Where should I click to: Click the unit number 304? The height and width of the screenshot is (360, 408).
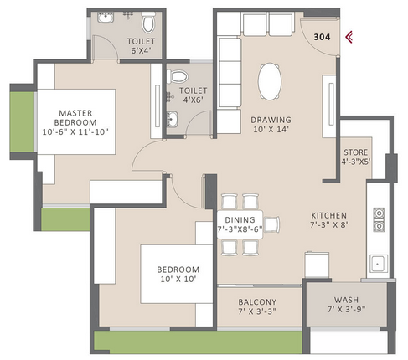point(322,37)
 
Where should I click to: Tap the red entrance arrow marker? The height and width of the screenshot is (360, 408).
point(349,37)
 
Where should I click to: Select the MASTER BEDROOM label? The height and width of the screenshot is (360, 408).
point(75,117)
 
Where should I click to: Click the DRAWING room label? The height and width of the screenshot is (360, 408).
point(271,120)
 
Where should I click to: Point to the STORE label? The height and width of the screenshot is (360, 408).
point(356,152)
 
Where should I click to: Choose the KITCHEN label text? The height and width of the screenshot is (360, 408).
point(329,215)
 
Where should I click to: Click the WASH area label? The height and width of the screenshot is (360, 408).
point(346,300)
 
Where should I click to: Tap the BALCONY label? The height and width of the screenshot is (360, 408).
point(257,301)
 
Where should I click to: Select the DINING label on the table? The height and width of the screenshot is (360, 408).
point(240,219)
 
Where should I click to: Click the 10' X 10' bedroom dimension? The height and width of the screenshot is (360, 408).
point(178,279)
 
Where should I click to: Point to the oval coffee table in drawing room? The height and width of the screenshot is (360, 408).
point(270,81)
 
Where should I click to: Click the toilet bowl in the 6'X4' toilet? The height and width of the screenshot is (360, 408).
point(148,22)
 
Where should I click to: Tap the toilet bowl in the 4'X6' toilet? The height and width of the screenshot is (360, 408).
point(177,76)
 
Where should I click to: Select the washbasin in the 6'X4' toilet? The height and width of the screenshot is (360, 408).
point(106,17)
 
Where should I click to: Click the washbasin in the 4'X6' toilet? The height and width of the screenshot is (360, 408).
point(172,119)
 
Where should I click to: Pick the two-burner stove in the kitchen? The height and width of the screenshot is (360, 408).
point(379,219)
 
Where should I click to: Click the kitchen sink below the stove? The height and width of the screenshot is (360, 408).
point(379,264)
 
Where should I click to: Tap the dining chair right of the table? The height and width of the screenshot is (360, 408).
point(271,224)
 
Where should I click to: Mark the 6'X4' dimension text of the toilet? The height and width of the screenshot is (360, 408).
point(141,50)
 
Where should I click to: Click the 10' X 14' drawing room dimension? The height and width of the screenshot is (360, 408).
point(271,129)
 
